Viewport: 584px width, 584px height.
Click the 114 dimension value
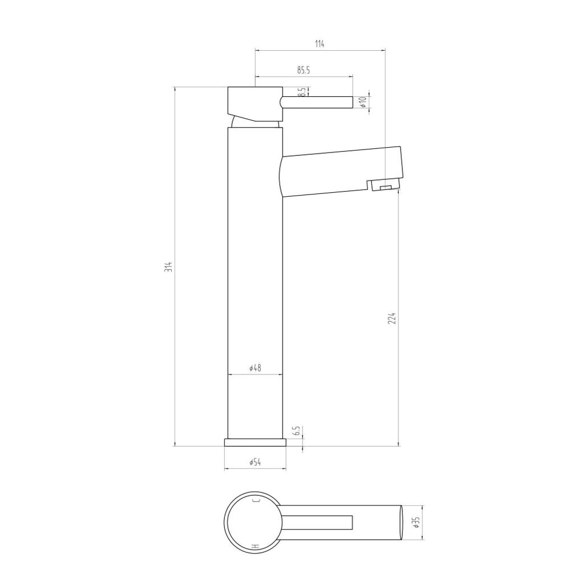click(x=319, y=44)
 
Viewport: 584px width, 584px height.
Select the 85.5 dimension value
click(x=304, y=70)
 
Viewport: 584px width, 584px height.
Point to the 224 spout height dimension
click(x=392, y=318)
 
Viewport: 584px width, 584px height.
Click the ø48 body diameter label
click(x=255, y=368)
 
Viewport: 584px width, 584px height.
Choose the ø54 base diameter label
click(x=255, y=462)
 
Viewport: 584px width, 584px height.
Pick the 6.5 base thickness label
click(x=297, y=431)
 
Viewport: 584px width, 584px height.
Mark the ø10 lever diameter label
click(x=363, y=102)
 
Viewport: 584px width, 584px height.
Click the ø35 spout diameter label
click(x=416, y=522)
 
